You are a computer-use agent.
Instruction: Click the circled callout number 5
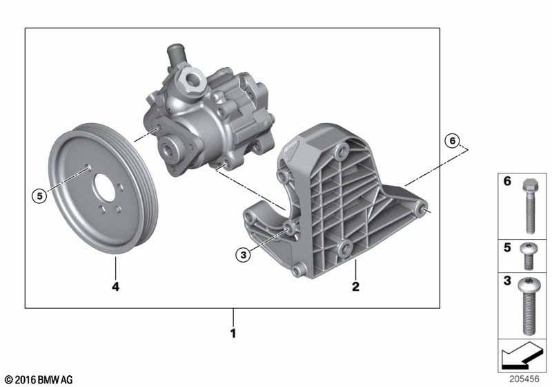pos(39,196)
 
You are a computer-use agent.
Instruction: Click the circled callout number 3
pos(244,254)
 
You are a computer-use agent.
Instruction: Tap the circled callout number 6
pos(453,141)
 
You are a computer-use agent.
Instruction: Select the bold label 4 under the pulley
pos(115,287)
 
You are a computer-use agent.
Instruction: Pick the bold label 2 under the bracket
pos(355,287)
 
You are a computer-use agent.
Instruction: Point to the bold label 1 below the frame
pos(233,333)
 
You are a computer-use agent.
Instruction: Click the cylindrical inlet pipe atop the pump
pos(175,55)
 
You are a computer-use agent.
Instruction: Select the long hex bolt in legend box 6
pos(529,206)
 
